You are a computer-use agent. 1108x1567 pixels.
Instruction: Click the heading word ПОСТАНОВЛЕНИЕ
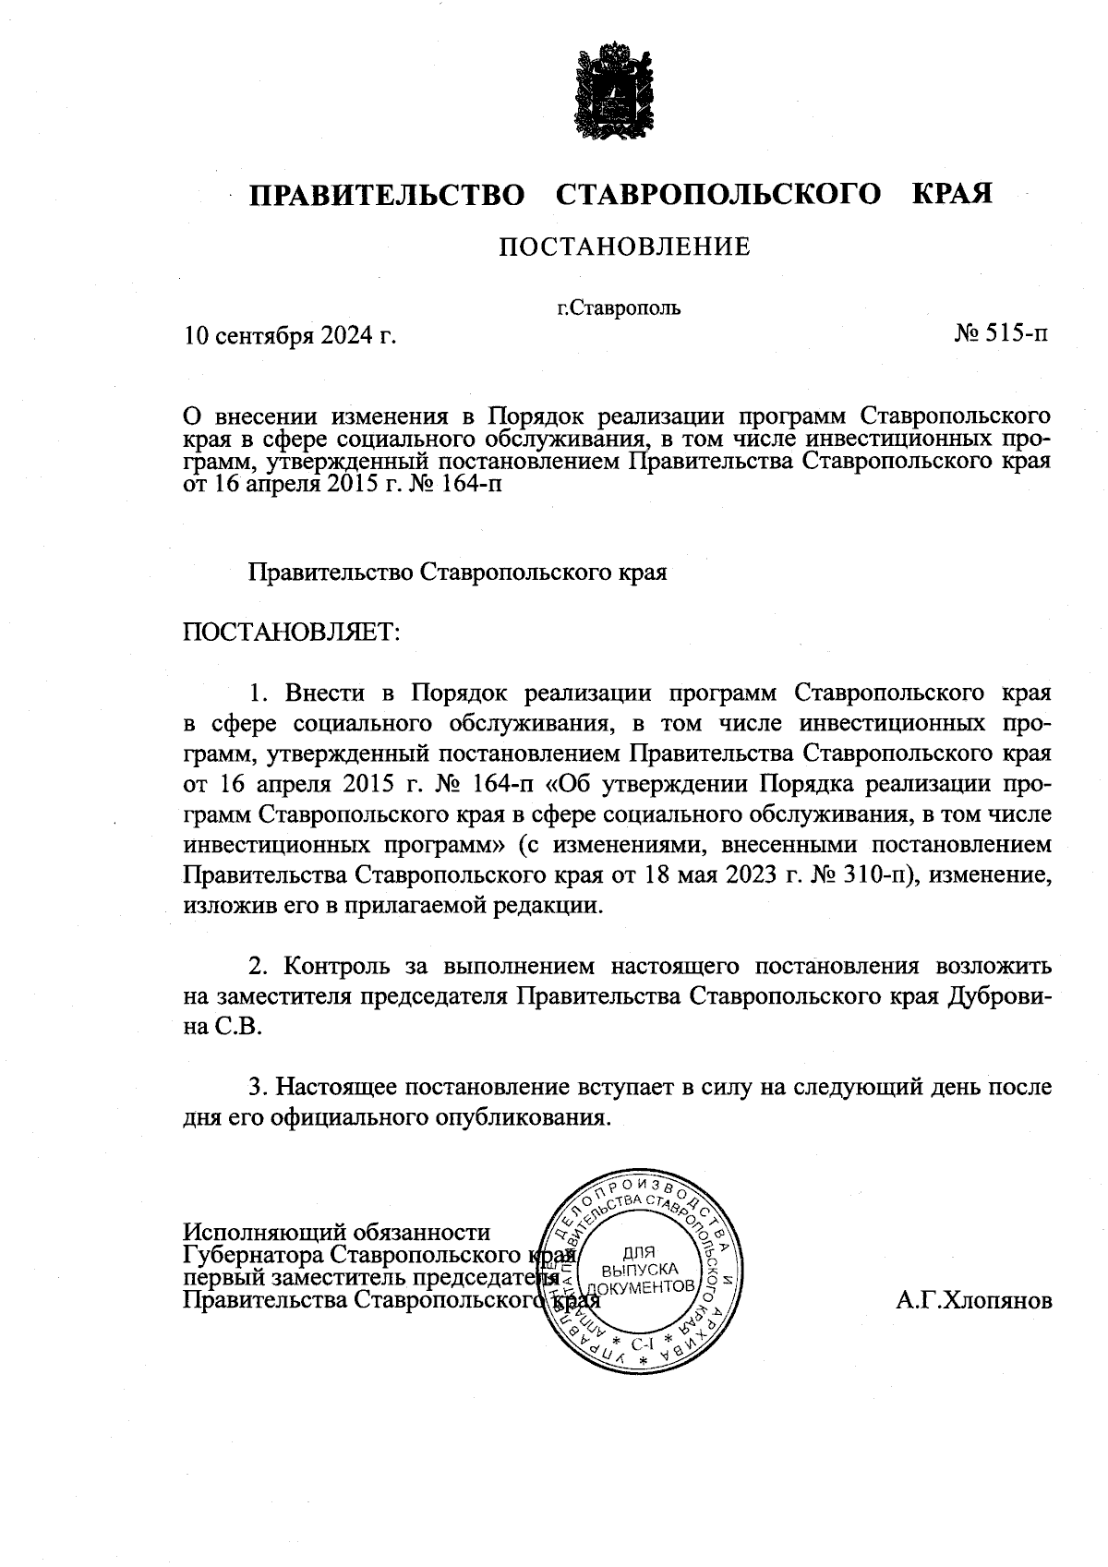click(x=624, y=247)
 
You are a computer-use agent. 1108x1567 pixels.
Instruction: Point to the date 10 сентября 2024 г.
click(x=290, y=334)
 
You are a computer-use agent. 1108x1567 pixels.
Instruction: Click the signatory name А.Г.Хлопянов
click(x=973, y=1302)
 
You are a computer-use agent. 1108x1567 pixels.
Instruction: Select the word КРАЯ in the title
click(x=952, y=195)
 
